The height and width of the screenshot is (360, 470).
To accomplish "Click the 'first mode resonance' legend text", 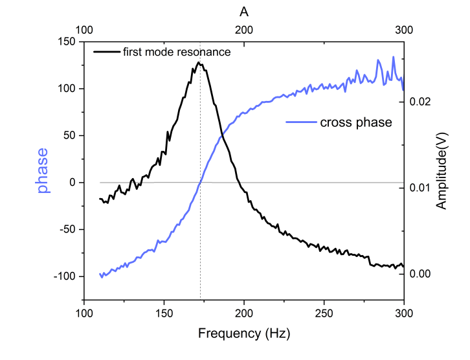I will click(x=177, y=52).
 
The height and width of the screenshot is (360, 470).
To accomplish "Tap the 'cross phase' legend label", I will click(x=356, y=122).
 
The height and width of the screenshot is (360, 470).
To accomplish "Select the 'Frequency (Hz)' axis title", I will click(x=243, y=334).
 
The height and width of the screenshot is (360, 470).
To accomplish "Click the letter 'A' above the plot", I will click(x=243, y=12).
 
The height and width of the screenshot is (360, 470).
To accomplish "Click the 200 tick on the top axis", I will click(x=243, y=30).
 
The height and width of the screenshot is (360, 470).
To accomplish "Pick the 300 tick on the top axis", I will click(x=403, y=30).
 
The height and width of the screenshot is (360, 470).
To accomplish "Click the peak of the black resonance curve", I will click(x=199, y=62).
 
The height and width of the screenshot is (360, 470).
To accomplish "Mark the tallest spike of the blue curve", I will click(x=393, y=57).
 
